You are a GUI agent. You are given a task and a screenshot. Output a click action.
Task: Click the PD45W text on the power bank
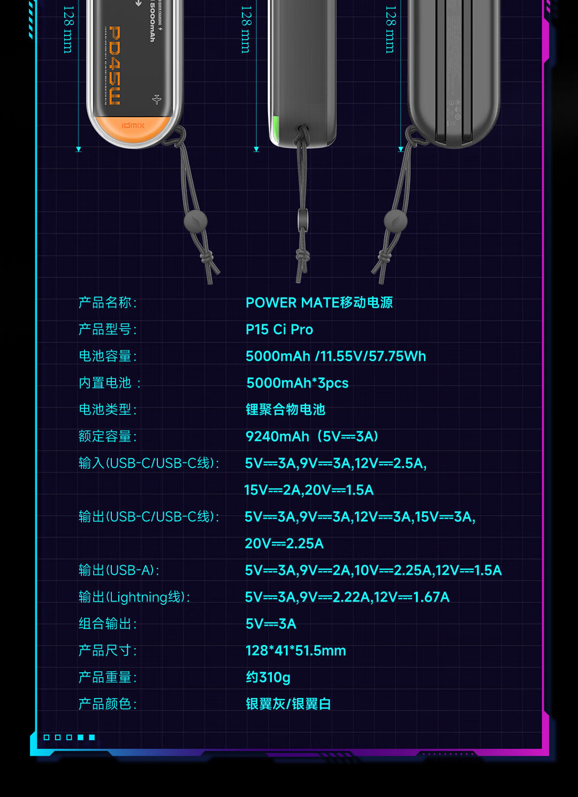pyautogui.click(x=114, y=65)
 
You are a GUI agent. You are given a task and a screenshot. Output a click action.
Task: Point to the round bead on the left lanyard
pyautogui.click(x=195, y=221)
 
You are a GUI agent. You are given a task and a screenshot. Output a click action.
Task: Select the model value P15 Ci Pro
pyautogui.click(x=279, y=330)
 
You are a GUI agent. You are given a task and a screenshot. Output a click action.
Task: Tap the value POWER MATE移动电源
pyautogui.click(x=319, y=303)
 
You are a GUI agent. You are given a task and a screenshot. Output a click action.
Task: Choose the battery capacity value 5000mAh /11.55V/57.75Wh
pyautogui.click(x=336, y=356)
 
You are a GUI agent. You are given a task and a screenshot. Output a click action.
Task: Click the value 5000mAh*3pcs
pyautogui.click(x=297, y=383)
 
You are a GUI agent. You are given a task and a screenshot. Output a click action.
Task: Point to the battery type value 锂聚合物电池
pyautogui.click(x=285, y=410)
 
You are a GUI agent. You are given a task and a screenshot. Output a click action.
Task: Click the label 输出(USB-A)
pyautogui.click(x=119, y=571)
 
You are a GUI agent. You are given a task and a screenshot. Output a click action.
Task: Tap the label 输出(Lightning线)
pyautogui.click(x=134, y=597)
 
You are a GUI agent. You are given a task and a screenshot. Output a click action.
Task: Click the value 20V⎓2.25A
pyautogui.click(x=284, y=544)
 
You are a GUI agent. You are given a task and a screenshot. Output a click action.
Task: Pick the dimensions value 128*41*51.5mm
pyautogui.click(x=295, y=651)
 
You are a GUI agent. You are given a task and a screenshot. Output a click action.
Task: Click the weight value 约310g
pyautogui.click(x=268, y=678)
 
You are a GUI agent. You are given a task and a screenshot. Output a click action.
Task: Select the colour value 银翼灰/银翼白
pyautogui.click(x=288, y=704)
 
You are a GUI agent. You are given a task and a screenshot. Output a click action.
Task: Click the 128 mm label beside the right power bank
pyautogui.click(x=391, y=29)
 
